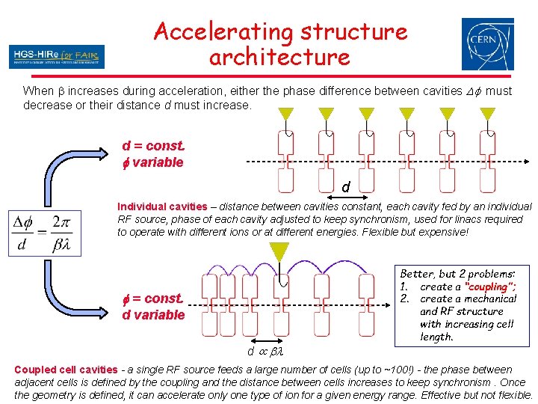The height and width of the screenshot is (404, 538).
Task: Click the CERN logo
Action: (x=487, y=44)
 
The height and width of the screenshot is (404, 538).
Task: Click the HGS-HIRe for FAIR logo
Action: (x=57, y=56)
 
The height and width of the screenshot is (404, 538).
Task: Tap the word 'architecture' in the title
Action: (x=279, y=57)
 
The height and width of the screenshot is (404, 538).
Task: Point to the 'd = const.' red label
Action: (x=153, y=147)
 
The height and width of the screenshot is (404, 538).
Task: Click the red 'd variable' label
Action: (x=153, y=315)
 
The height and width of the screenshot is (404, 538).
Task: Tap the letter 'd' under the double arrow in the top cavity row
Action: (x=345, y=186)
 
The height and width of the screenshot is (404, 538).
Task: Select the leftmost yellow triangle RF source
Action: (x=286, y=115)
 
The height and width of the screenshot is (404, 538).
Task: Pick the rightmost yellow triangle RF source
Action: (x=487, y=115)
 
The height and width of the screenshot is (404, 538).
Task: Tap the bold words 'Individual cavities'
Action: (x=162, y=206)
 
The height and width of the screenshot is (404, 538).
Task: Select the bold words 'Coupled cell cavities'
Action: (x=66, y=370)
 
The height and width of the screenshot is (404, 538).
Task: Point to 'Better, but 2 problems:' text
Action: (x=457, y=274)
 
